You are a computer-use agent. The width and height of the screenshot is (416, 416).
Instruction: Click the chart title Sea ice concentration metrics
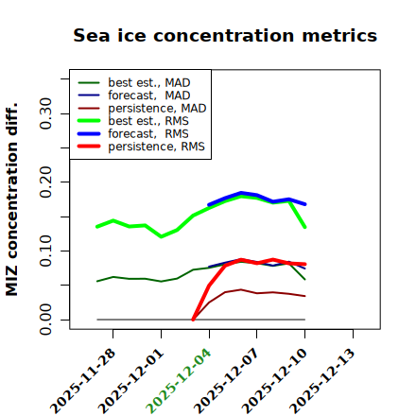tap(225, 35)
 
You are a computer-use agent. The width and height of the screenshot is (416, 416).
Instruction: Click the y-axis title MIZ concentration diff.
tap(11, 199)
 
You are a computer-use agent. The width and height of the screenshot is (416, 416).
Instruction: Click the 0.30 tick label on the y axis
tap(46, 113)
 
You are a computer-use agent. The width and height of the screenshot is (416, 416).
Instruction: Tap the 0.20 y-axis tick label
tap(46, 182)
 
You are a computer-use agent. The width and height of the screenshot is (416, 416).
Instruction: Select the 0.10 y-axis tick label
tap(46, 251)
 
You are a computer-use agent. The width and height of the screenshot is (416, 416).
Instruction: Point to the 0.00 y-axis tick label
tap(46, 320)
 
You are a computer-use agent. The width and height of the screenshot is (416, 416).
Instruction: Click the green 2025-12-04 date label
tap(179, 381)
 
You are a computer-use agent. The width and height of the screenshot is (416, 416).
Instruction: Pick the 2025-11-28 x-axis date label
tap(83, 381)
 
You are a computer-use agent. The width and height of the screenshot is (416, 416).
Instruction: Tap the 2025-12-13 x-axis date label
tap(322, 381)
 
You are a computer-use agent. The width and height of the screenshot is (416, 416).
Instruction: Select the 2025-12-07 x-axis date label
tap(227, 381)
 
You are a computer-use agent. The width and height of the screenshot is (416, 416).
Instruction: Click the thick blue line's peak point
tap(241, 193)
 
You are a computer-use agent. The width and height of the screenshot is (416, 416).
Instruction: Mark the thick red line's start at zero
tap(193, 320)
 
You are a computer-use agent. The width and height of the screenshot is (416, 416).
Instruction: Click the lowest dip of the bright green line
tap(162, 236)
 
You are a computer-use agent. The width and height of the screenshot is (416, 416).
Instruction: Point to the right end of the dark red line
tap(304, 296)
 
